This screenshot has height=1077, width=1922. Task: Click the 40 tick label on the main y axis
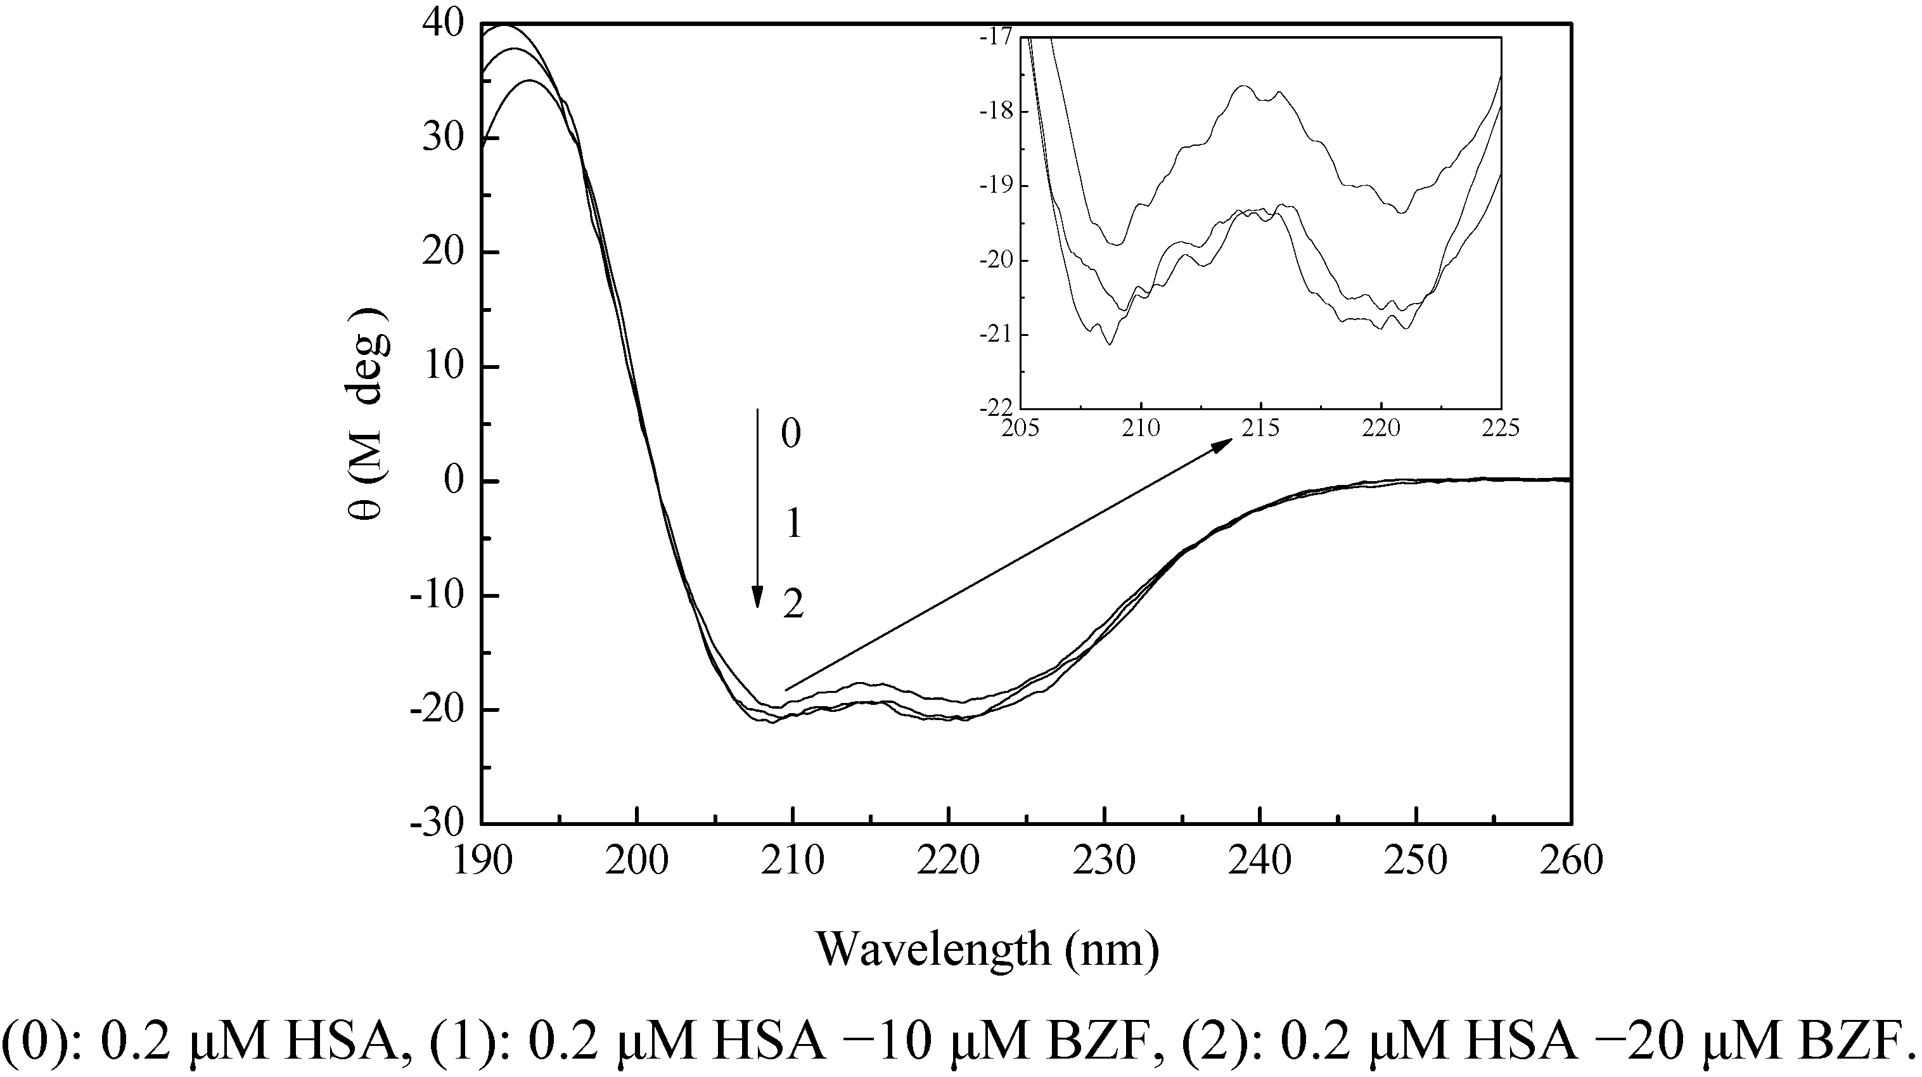(x=442, y=25)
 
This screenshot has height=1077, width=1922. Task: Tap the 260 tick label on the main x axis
(x=1572, y=861)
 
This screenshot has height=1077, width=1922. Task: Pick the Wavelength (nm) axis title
(x=987, y=950)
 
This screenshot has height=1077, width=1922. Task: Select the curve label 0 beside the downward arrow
(x=790, y=434)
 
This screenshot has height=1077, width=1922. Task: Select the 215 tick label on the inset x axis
(x=1260, y=429)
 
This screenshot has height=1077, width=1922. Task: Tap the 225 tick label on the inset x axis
(x=1501, y=429)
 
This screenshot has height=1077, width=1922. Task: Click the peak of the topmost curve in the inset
(x=1244, y=87)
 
